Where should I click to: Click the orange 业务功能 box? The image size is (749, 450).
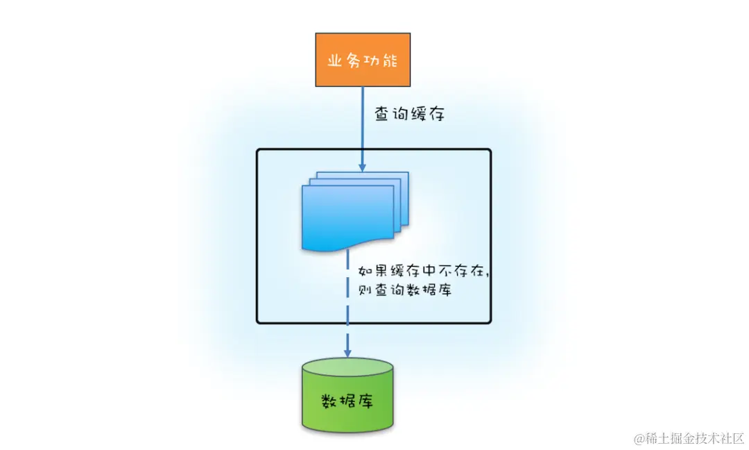pyautogui.click(x=363, y=59)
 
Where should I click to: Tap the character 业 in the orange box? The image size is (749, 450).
pyautogui.click(x=336, y=60)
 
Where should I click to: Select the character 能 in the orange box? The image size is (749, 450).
pyautogui.click(x=390, y=60)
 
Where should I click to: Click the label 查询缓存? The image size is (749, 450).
pyautogui.click(x=409, y=114)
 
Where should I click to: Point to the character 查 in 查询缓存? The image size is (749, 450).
pyautogui.click(x=384, y=114)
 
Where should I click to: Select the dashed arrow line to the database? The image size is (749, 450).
pyautogui.click(x=347, y=299)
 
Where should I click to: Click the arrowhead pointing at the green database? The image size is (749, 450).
pyautogui.click(x=347, y=353)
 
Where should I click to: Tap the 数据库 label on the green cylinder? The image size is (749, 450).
pyautogui.click(x=347, y=401)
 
